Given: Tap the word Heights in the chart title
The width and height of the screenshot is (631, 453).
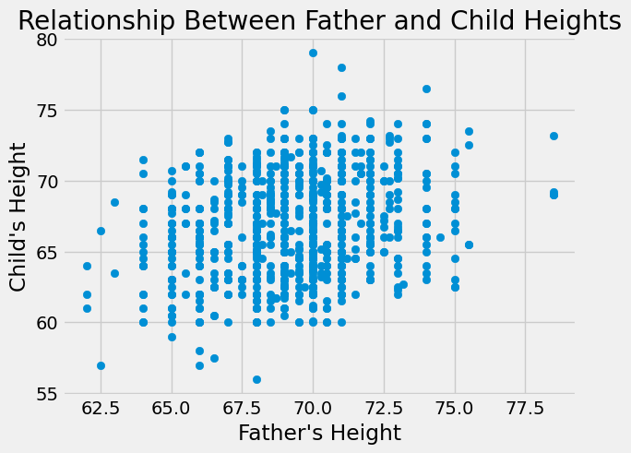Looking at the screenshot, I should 572,20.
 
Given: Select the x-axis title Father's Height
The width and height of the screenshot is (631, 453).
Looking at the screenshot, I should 319,433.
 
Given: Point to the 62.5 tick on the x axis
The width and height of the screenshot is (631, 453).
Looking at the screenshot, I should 101,407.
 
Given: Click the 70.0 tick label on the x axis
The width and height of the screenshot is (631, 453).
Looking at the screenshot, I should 313,407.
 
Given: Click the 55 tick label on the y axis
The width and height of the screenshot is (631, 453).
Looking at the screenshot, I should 45,394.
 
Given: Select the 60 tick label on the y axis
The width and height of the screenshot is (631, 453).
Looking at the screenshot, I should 45,323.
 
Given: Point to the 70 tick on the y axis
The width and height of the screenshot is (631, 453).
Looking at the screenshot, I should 45,181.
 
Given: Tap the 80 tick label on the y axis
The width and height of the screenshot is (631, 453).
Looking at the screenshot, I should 45,40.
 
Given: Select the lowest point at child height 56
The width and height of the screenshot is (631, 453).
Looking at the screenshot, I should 256,379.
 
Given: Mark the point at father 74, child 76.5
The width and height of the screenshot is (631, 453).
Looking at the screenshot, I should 426,89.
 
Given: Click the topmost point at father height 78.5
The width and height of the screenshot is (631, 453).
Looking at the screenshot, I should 554,136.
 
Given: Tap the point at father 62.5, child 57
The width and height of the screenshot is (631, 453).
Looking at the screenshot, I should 101,365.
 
